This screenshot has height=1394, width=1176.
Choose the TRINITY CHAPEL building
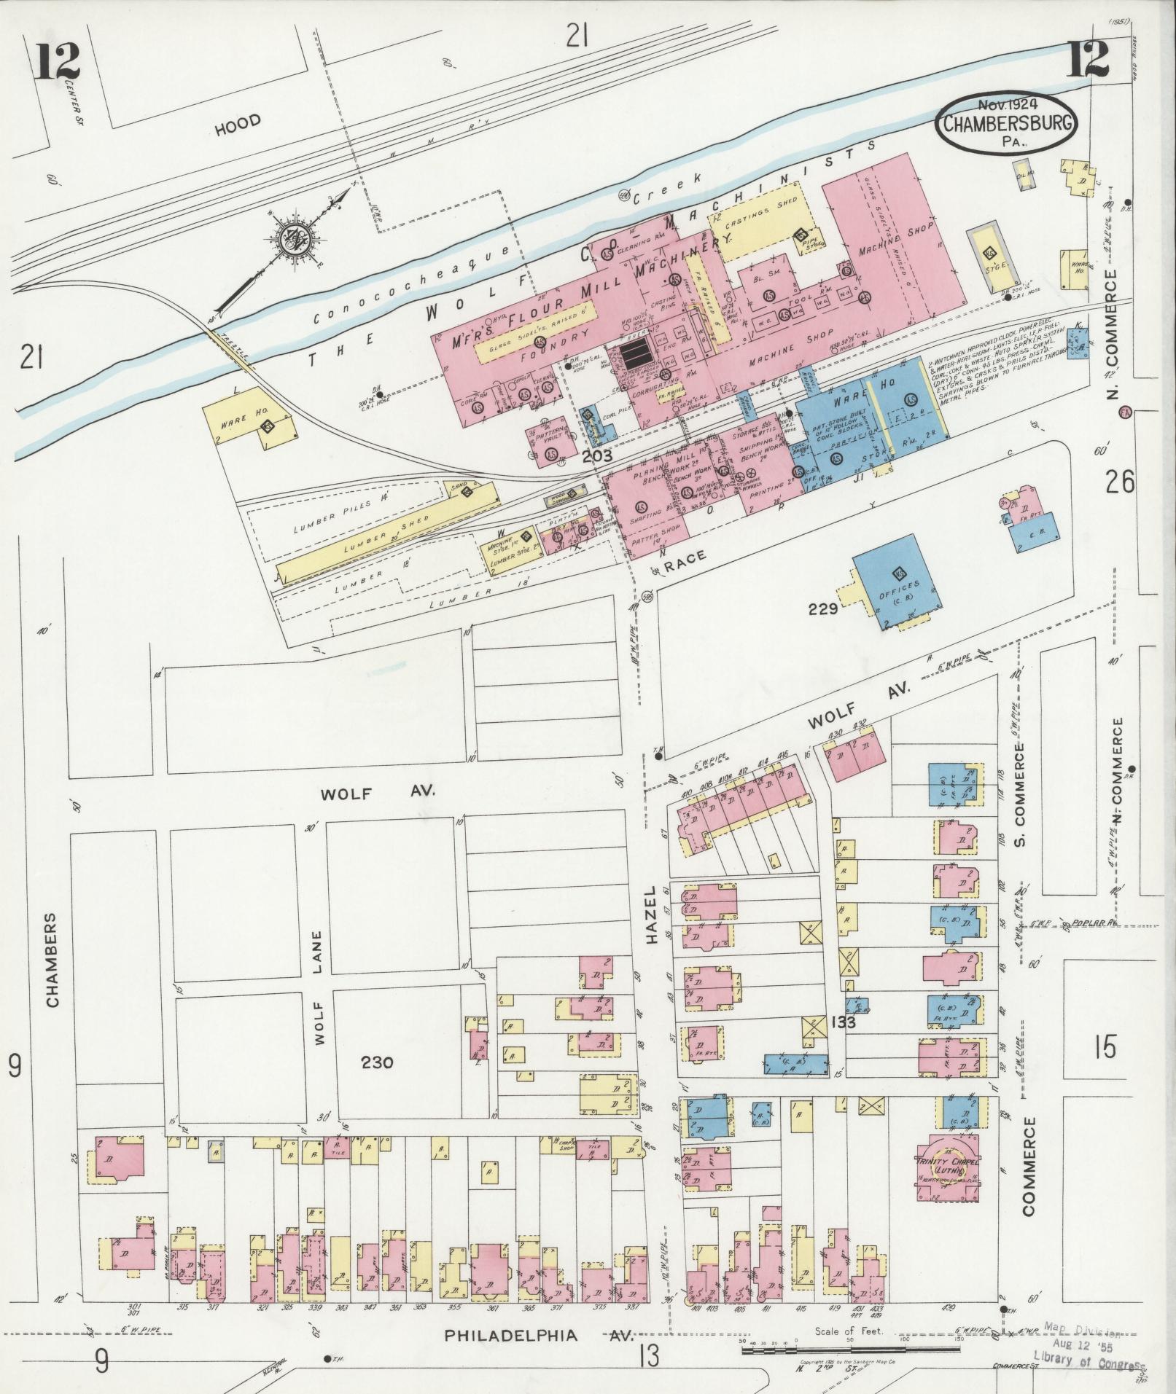(947, 1163)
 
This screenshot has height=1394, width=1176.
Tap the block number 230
(377, 1062)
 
